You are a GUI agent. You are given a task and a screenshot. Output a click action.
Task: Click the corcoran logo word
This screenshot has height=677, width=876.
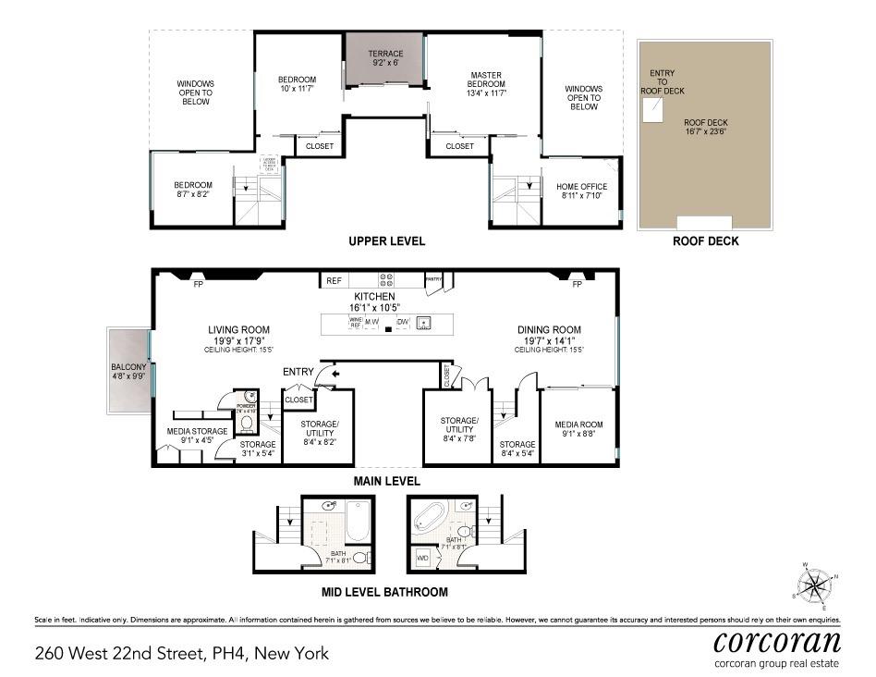[x=777, y=642]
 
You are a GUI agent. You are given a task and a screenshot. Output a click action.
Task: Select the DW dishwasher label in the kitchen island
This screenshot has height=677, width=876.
[x=402, y=323]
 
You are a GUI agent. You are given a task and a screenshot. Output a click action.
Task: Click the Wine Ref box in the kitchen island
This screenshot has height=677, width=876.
[x=355, y=323]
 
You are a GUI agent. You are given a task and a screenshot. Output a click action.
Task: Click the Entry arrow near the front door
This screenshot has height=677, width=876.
[x=335, y=372]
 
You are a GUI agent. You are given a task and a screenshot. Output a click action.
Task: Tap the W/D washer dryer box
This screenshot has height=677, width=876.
[x=422, y=559]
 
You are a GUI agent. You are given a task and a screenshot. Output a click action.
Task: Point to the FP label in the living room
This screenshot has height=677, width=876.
[x=198, y=285]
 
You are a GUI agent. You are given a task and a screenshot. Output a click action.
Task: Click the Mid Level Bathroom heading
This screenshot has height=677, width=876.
[x=384, y=592]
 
